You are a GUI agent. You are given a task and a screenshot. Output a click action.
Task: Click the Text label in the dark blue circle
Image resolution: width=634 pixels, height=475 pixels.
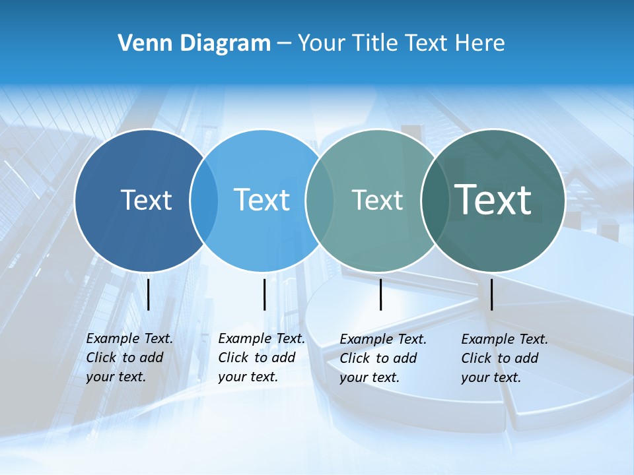tap(146, 200)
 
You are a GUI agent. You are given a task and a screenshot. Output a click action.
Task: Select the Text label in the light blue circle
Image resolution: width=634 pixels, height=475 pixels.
tap(262, 200)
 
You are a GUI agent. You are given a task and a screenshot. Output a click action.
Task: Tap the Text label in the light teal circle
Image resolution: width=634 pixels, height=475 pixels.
tap(377, 200)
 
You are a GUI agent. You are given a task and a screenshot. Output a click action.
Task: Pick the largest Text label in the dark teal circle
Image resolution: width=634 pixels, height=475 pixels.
tap(493, 200)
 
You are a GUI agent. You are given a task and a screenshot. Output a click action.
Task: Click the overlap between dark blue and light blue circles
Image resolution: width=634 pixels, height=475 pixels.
tap(204, 200)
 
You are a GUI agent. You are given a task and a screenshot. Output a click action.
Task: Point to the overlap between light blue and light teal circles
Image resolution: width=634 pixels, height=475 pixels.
tap(320, 200)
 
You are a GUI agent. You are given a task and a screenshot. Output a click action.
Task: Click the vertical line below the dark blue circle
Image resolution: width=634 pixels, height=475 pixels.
tap(148, 294)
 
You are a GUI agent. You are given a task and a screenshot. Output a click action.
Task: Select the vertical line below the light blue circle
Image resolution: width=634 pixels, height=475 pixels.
tap(264, 294)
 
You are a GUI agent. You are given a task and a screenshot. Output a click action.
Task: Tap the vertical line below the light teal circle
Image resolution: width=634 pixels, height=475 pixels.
tap(380, 294)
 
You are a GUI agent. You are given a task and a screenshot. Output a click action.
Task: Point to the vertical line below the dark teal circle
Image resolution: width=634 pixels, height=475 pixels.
tap(491, 294)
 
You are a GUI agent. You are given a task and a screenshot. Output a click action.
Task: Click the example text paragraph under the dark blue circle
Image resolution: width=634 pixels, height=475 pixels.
tap(129, 358)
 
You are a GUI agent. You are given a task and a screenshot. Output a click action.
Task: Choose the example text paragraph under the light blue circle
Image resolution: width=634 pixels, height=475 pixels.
tap(261, 358)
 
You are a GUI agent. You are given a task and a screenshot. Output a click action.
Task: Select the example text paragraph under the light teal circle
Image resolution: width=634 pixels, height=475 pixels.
tap(382, 358)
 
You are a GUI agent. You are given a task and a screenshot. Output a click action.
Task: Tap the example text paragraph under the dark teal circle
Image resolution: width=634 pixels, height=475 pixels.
tap(504, 358)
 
